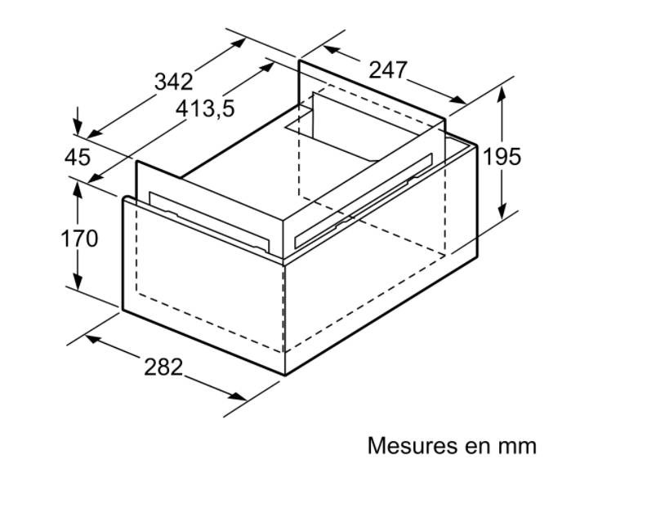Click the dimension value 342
174,82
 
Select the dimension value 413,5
205,109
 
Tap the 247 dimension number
387,69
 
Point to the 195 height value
502,157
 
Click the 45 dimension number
78,158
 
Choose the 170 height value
79,238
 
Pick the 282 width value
163,367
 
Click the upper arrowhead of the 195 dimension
502,94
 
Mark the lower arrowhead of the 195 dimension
502,211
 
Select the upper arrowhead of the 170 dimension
78,190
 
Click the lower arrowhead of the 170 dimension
78,281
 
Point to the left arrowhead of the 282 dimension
94,339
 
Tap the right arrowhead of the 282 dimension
238,396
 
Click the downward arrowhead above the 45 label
78,127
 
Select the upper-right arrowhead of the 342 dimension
239,42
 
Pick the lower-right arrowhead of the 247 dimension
457,100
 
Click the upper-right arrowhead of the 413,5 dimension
267,67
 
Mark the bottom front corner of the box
285,376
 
